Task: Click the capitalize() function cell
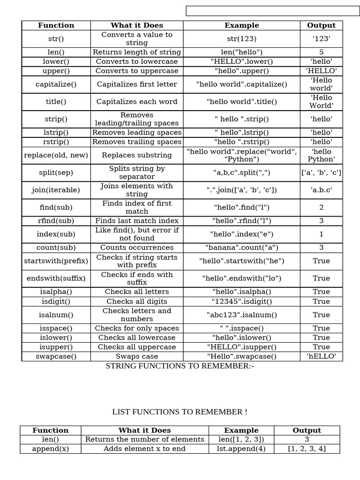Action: click(x=56, y=84)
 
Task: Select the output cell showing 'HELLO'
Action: click(x=321, y=71)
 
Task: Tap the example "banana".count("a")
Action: click(x=241, y=247)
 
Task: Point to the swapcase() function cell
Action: click(x=56, y=356)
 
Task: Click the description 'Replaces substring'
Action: click(x=137, y=155)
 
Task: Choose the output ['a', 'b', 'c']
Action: click(x=321, y=172)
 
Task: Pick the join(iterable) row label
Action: click(x=56, y=190)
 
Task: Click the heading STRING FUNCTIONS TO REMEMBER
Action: click(x=180, y=366)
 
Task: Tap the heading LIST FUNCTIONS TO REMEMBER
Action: click(x=180, y=412)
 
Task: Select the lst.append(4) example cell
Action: click(x=241, y=449)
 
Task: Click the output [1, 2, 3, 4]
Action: click(x=307, y=449)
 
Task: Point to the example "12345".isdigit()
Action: click(x=241, y=301)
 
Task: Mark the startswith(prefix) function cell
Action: click(x=56, y=261)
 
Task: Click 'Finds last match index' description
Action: click(x=137, y=221)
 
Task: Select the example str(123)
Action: click(x=241, y=39)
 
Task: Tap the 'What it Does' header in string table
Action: click(x=137, y=25)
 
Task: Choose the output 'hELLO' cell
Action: click(x=321, y=356)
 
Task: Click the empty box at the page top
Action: click(x=273, y=11)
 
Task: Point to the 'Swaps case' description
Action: click(x=137, y=356)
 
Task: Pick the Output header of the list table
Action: click(x=307, y=430)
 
